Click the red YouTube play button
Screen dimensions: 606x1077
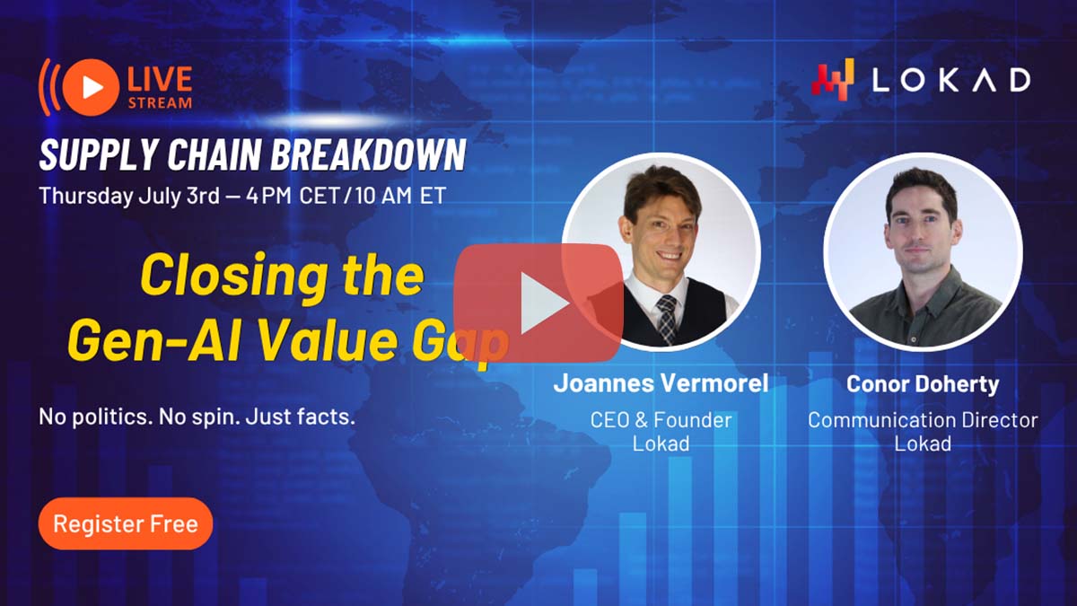(x=538, y=303)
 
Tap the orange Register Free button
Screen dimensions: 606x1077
(x=125, y=523)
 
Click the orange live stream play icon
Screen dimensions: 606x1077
(x=91, y=87)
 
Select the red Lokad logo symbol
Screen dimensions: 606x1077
(x=832, y=79)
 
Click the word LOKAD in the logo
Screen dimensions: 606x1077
(x=952, y=80)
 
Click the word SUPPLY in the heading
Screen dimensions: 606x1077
(x=87, y=156)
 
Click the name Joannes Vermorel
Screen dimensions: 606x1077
(x=661, y=383)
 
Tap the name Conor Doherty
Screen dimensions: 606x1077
(x=923, y=384)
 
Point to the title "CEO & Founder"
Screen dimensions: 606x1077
(x=661, y=419)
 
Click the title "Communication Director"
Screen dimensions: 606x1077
(x=923, y=420)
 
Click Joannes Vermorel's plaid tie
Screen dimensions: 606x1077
(x=665, y=315)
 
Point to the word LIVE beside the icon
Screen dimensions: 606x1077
(x=160, y=79)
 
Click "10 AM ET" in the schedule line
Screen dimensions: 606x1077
(x=395, y=196)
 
